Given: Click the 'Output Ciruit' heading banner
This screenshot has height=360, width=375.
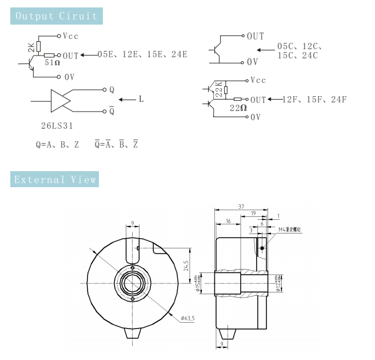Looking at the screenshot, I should [x=57, y=16].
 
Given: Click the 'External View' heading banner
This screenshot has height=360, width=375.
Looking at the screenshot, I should [x=55, y=180].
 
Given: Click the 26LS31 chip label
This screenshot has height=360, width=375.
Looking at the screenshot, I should [x=55, y=124].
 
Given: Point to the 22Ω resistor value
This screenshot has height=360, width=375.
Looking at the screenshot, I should [x=238, y=108].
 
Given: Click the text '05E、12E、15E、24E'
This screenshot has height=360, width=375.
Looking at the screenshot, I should [x=142, y=55].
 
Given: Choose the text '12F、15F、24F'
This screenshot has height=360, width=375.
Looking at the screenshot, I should [x=314, y=100].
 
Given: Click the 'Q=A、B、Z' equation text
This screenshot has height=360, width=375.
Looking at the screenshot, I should [x=57, y=145].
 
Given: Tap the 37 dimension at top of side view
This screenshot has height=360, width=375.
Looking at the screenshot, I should [x=241, y=207].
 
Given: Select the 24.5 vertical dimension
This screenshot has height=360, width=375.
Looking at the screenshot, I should [x=186, y=266].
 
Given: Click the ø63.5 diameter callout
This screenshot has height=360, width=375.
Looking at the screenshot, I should [x=187, y=318].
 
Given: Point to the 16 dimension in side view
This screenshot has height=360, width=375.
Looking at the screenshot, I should [x=228, y=220].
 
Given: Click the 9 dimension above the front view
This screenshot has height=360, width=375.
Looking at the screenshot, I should [x=132, y=223].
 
